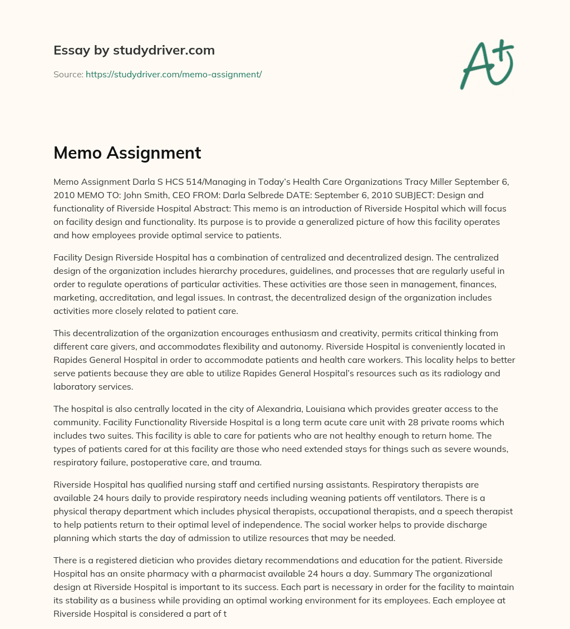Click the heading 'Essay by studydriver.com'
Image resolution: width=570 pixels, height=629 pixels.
point(134,50)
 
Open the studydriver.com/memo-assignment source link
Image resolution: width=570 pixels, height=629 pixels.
point(174,74)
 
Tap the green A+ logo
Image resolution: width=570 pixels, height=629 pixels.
point(487,64)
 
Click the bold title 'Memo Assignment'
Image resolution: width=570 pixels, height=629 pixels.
point(127,153)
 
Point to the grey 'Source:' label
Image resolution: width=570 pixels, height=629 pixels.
point(68,74)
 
